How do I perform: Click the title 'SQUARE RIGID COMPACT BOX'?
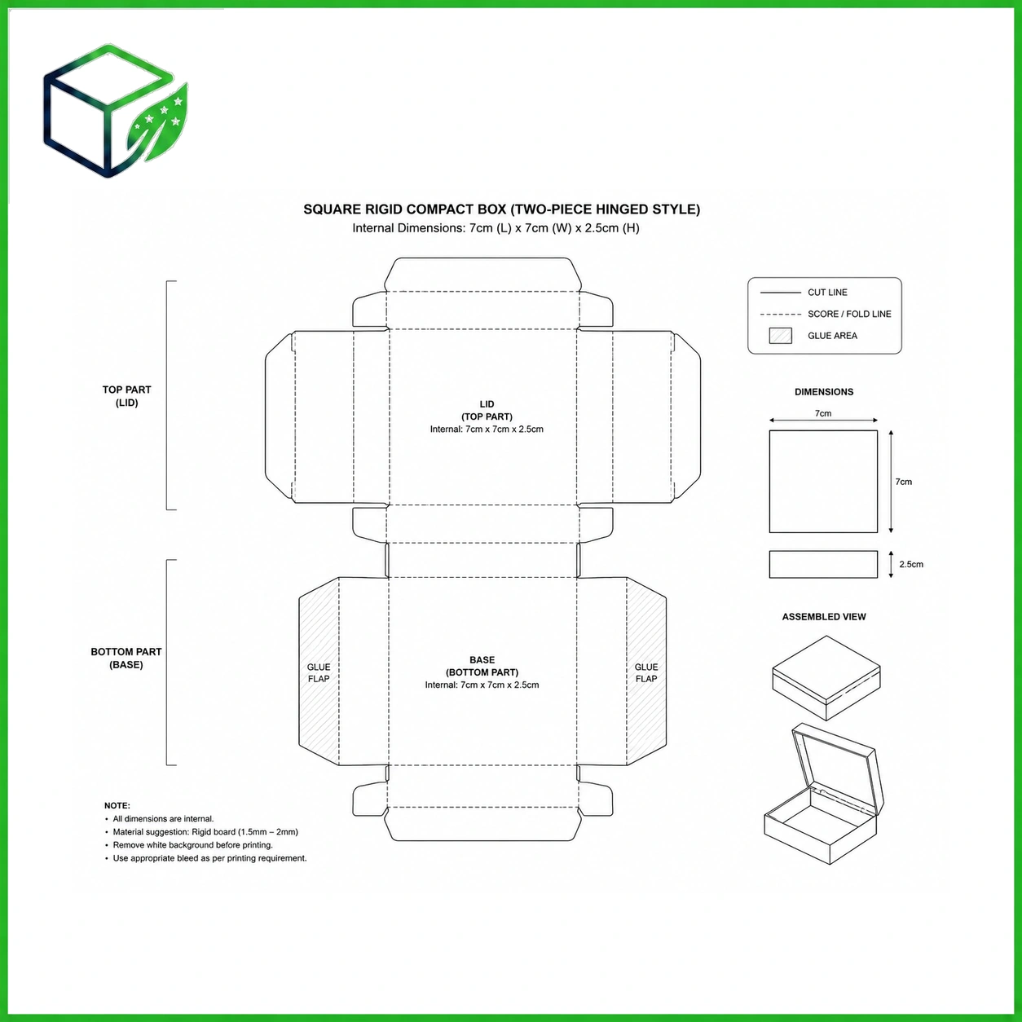point(405,209)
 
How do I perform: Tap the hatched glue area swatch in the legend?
point(780,336)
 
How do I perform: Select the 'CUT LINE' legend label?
point(827,293)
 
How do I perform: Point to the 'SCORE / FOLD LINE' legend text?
point(849,314)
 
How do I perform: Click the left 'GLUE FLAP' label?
point(319,673)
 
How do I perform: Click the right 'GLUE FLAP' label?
point(646,673)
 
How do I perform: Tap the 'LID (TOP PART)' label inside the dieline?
point(487,410)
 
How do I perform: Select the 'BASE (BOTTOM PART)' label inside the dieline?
point(482,666)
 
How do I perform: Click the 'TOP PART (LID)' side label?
point(127,396)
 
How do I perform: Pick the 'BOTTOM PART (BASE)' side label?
point(126,659)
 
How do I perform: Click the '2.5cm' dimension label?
point(911,564)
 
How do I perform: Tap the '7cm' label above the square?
point(823,413)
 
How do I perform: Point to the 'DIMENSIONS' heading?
point(824,392)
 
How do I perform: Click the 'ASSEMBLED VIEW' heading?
point(824,617)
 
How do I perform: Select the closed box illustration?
point(826,678)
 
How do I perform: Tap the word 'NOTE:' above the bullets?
point(117,805)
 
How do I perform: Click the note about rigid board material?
point(205,831)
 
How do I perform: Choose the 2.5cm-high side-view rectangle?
point(823,564)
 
